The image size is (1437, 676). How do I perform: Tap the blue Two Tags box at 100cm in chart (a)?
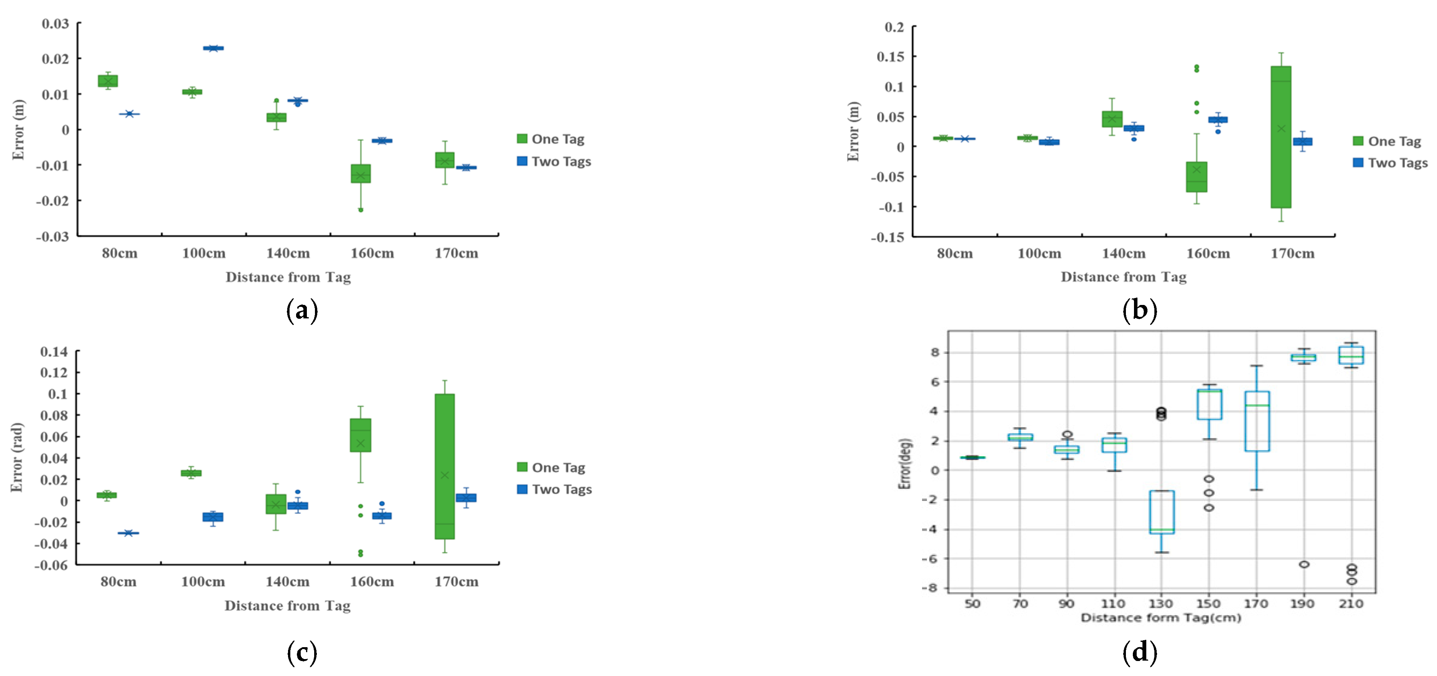point(213,48)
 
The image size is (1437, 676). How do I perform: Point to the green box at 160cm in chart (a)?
point(360,173)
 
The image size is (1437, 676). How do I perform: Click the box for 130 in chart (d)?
point(1161,511)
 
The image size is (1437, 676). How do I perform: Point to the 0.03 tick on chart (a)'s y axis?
point(56,23)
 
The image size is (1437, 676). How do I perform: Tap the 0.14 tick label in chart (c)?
point(54,351)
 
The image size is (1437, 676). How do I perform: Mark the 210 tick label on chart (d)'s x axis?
point(1350,603)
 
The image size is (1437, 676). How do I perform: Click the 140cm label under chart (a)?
point(288,253)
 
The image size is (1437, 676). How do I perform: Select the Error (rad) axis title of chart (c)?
point(17,457)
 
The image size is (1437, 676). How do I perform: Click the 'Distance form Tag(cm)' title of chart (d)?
point(1161,618)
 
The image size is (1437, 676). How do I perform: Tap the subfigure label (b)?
point(1139,310)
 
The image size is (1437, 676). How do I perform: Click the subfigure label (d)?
point(1139,651)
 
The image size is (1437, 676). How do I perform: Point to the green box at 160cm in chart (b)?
point(1196,177)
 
